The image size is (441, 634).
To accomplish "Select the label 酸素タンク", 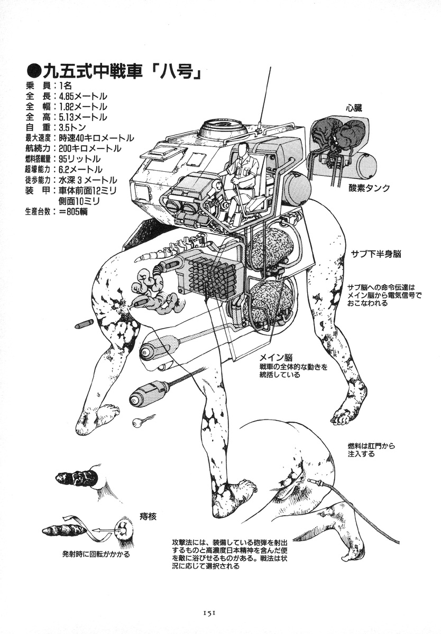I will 369,188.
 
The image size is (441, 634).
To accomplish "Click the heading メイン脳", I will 276,357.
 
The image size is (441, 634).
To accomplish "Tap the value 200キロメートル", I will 90,148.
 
